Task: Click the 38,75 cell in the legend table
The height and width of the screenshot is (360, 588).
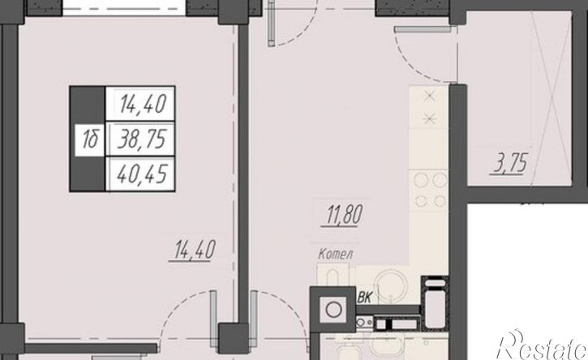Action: tap(141, 139)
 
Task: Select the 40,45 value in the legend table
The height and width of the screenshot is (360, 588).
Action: tap(142, 174)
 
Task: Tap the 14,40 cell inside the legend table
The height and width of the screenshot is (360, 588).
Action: tap(143, 104)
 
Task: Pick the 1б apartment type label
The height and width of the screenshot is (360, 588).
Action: tap(90, 139)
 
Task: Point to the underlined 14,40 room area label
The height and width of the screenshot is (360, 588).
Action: tap(195, 250)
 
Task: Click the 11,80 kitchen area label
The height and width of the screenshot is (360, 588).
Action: tap(344, 215)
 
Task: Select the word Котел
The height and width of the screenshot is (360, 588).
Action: tap(335, 255)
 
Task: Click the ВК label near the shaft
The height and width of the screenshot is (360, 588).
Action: tap(364, 298)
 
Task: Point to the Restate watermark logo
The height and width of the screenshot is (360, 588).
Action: tap(543, 345)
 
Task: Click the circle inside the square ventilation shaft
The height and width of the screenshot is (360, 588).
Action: tap(333, 310)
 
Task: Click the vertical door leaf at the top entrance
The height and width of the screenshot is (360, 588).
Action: tap(272, 24)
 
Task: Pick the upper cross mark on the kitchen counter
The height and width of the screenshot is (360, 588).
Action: tap(429, 96)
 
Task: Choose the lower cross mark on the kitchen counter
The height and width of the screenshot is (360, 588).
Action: tap(429, 119)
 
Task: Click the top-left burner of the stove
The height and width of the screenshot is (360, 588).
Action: tap(421, 180)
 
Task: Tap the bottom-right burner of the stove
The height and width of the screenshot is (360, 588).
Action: tap(439, 201)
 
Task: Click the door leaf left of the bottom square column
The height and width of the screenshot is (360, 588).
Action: tap(213, 314)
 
